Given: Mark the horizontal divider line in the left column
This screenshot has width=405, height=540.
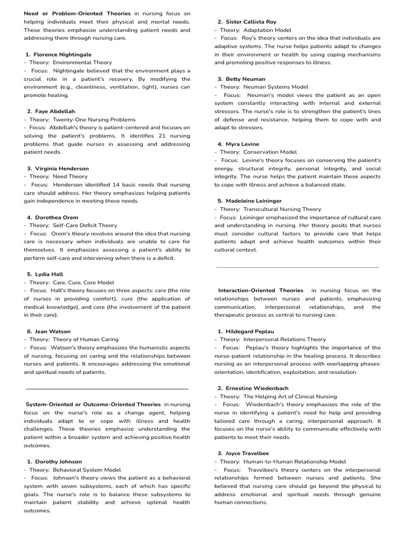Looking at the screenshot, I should pos(107,389).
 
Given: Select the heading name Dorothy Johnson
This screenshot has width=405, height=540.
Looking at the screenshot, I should pos(58,461).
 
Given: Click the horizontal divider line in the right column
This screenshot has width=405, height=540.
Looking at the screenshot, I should pos(297,267).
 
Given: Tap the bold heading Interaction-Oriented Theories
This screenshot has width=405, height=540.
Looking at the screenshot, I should pos(261,291).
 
